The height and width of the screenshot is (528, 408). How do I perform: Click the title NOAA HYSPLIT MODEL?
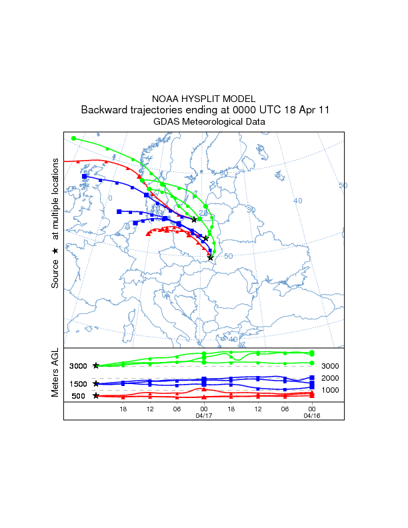pyautogui.click(x=203, y=98)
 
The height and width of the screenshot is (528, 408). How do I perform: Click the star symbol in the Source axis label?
pyautogui.click(x=55, y=251)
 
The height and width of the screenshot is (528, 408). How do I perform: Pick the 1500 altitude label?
pyautogui.click(x=79, y=384)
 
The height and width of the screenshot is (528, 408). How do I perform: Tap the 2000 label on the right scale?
pyautogui.click(x=331, y=377)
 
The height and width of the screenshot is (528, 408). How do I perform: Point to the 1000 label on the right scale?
pyautogui.click(x=331, y=390)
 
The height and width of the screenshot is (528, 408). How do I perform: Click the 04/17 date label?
pyautogui.click(x=203, y=415)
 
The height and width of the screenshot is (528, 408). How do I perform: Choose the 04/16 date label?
pyautogui.click(x=311, y=415)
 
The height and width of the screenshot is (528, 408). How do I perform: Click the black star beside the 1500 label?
pyautogui.click(x=96, y=384)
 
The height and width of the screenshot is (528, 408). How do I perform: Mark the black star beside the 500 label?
pyautogui.click(x=96, y=396)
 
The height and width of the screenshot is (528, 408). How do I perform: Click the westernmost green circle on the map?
pyautogui.click(x=74, y=139)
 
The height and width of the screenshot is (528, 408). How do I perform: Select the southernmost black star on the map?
pyautogui.click(x=211, y=257)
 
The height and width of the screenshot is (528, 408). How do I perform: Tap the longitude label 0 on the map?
pyautogui.click(x=111, y=198)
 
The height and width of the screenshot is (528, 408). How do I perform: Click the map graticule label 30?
pyautogui.click(x=251, y=210)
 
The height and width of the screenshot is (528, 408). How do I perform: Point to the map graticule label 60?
pyautogui.click(x=224, y=173)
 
